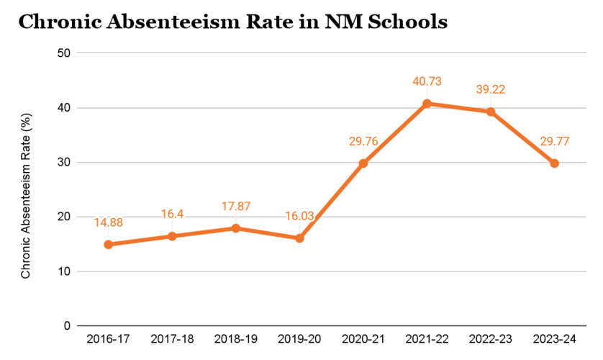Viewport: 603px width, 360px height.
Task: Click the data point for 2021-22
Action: tap(427, 104)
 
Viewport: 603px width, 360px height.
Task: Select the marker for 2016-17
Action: tap(108, 245)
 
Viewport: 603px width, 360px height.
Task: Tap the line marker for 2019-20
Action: tap(299, 238)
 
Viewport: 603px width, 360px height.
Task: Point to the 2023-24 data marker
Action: tap(554, 163)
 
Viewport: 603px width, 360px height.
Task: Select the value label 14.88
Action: tap(108, 223)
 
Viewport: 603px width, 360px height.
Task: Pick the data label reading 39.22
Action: tap(491, 90)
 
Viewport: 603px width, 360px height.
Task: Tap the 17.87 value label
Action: tap(235, 206)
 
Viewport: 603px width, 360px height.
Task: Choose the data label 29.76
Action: tap(363, 143)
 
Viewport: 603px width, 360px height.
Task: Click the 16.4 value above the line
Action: tap(172, 215)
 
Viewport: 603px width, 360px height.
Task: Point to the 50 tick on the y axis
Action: tap(63, 53)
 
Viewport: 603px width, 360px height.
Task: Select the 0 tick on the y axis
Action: tap(66, 326)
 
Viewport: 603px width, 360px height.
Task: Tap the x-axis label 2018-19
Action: tap(235, 339)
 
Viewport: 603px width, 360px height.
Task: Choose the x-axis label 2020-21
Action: tap(363, 339)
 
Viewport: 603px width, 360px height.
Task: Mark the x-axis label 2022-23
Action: tap(491, 339)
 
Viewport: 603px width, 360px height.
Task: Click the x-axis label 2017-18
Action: tap(172, 339)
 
